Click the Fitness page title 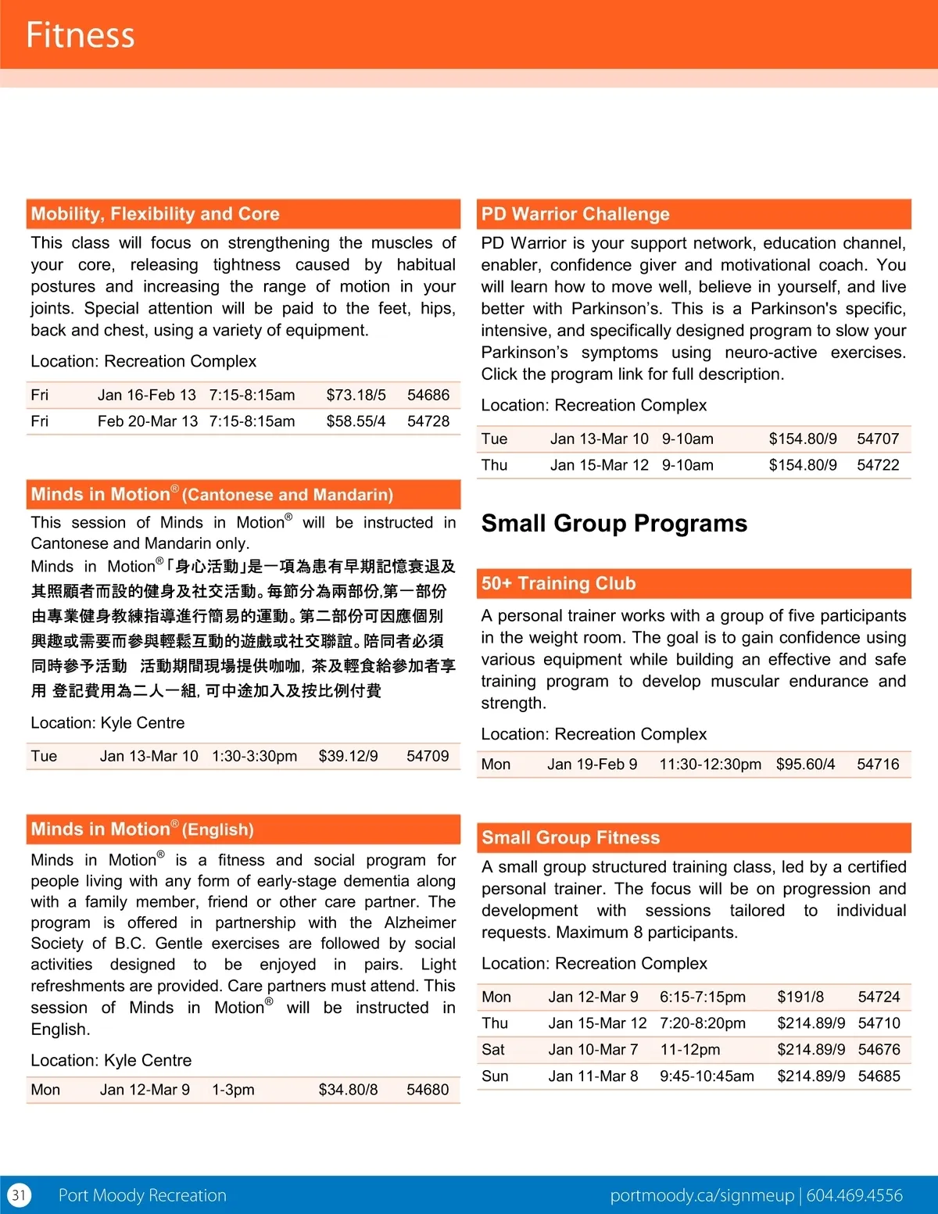(x=80, y=35)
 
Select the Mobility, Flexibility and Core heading (x=155, y=213)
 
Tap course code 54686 (x=428, y=395)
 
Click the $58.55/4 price (x=356, y=421)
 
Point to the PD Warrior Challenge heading (x=575, y=214)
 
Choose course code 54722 (x=878, y=465)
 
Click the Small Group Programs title (x=614, y=523)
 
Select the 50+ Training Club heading (x=558, y=583)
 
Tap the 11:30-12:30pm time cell (x=710, y=765)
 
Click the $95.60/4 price (x=805, y=765)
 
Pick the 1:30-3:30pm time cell (x=254, y=756)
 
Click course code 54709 (x=428, y=756)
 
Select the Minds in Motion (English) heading (x=142, y=829)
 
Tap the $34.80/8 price (x=348, y=1090)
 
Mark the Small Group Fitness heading (x=571, y=838)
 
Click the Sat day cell (x=493, y=1050)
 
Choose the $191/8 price (x=800, y=997)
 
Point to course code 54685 (x=879, y=1076)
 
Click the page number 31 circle (x=19, y=1195)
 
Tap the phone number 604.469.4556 (x=854, y=1195)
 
